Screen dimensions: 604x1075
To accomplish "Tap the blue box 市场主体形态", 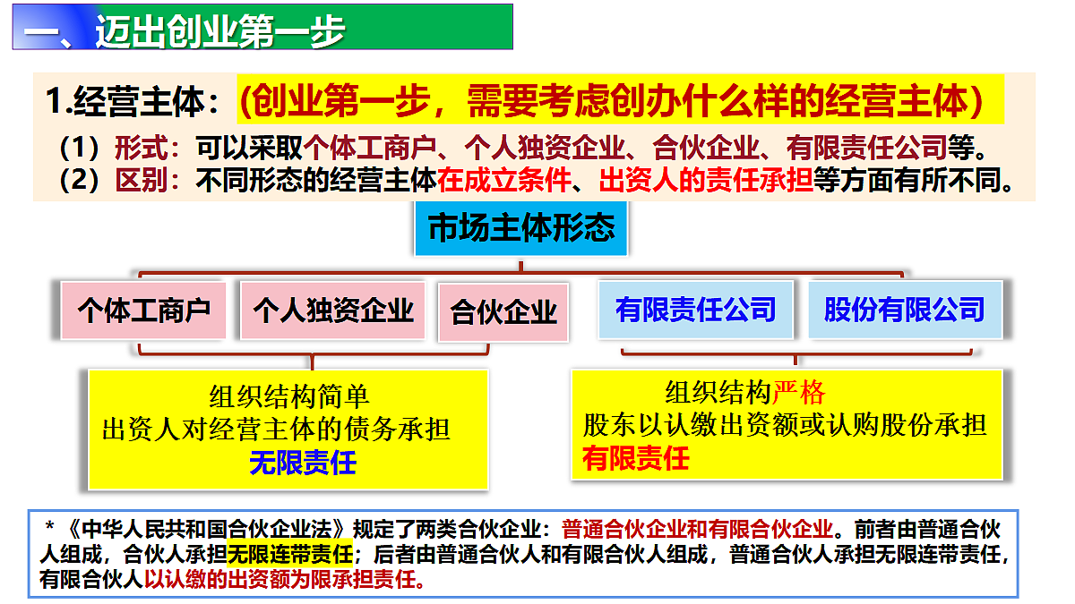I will (x=521, y=228).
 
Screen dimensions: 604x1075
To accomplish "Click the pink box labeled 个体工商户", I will (x=143, y=311).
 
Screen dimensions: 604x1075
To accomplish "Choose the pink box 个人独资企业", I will (x=332, y=311).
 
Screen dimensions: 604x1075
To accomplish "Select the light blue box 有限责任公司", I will (x=695, y=311).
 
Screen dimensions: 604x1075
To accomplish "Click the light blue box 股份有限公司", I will (x=904, y=311).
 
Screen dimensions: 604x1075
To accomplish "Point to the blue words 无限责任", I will (x=303, y=463).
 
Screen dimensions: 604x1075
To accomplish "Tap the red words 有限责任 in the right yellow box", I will (x=636, y=458).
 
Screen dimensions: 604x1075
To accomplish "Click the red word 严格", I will (x=799, y=392).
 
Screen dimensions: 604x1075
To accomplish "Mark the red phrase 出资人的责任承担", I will (x=706, y=182).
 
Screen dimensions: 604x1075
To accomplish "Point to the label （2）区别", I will (x=120, y=182).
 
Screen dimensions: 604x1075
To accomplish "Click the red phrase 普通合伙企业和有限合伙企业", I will (x=700, y=527).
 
